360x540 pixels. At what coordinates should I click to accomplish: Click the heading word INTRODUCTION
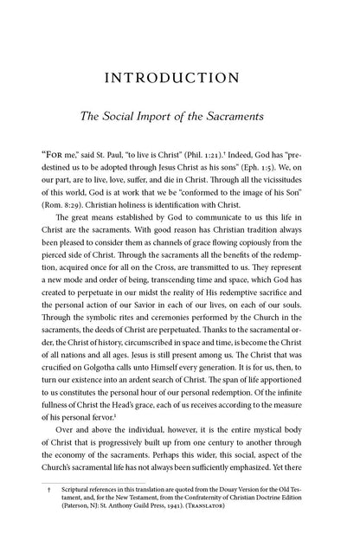[x=179, y=82]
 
